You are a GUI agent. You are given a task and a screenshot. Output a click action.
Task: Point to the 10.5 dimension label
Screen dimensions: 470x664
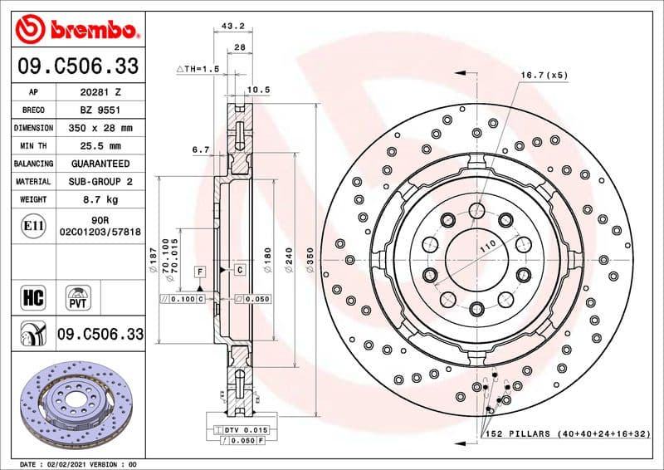260,89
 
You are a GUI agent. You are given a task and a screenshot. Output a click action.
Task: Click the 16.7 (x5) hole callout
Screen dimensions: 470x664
544,76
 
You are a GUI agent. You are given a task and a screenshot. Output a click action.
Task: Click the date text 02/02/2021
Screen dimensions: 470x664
79,463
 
